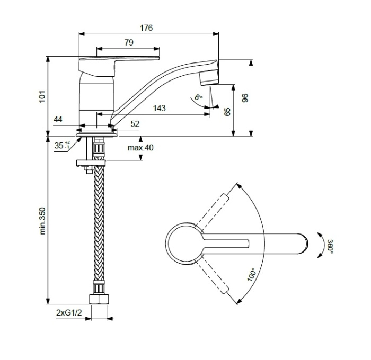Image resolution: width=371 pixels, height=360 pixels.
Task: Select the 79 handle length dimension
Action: [128, 42]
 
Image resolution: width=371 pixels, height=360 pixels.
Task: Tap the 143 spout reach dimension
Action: [159, 108]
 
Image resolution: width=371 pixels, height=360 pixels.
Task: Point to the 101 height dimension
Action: [42, 96]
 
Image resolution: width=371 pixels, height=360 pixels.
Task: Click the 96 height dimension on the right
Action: [244, 98]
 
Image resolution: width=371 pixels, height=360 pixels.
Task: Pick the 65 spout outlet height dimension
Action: [228, 112]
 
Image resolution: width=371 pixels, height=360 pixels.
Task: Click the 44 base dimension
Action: [58, 120]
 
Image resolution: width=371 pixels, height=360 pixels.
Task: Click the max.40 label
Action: [140, 148]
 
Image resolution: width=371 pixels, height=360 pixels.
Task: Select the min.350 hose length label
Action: [43, 220]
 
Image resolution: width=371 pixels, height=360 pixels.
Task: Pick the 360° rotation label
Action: [330, 247]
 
